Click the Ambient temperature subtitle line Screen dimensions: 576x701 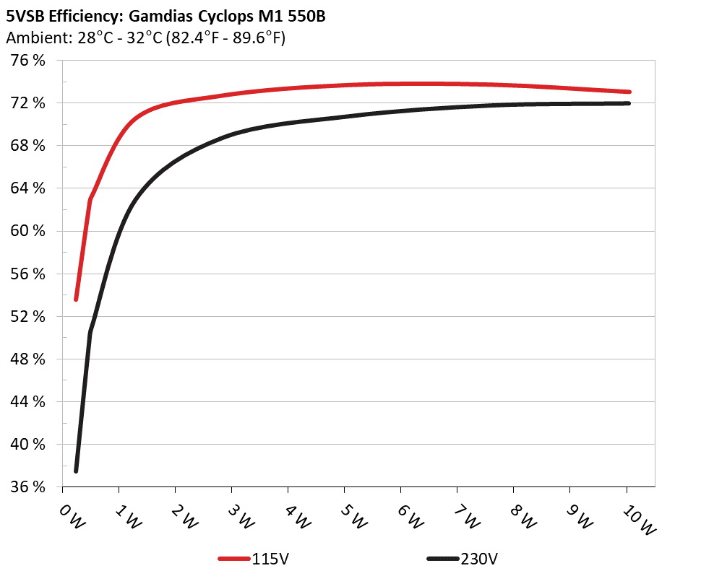point(145,38)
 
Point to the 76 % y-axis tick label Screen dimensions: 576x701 point(28,61)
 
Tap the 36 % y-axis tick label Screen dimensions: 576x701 point(28,486)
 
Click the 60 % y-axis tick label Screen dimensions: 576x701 point(28,231)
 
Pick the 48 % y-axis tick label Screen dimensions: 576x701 point(28,359)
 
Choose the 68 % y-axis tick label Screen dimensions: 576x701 point(28,146)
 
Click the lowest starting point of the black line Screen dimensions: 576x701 point(76,471)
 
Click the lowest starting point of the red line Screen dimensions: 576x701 point(76,299)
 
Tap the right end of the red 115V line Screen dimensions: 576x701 point(629,92)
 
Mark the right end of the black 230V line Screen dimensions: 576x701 point(629,103)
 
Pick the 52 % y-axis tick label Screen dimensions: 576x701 point(28,316)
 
